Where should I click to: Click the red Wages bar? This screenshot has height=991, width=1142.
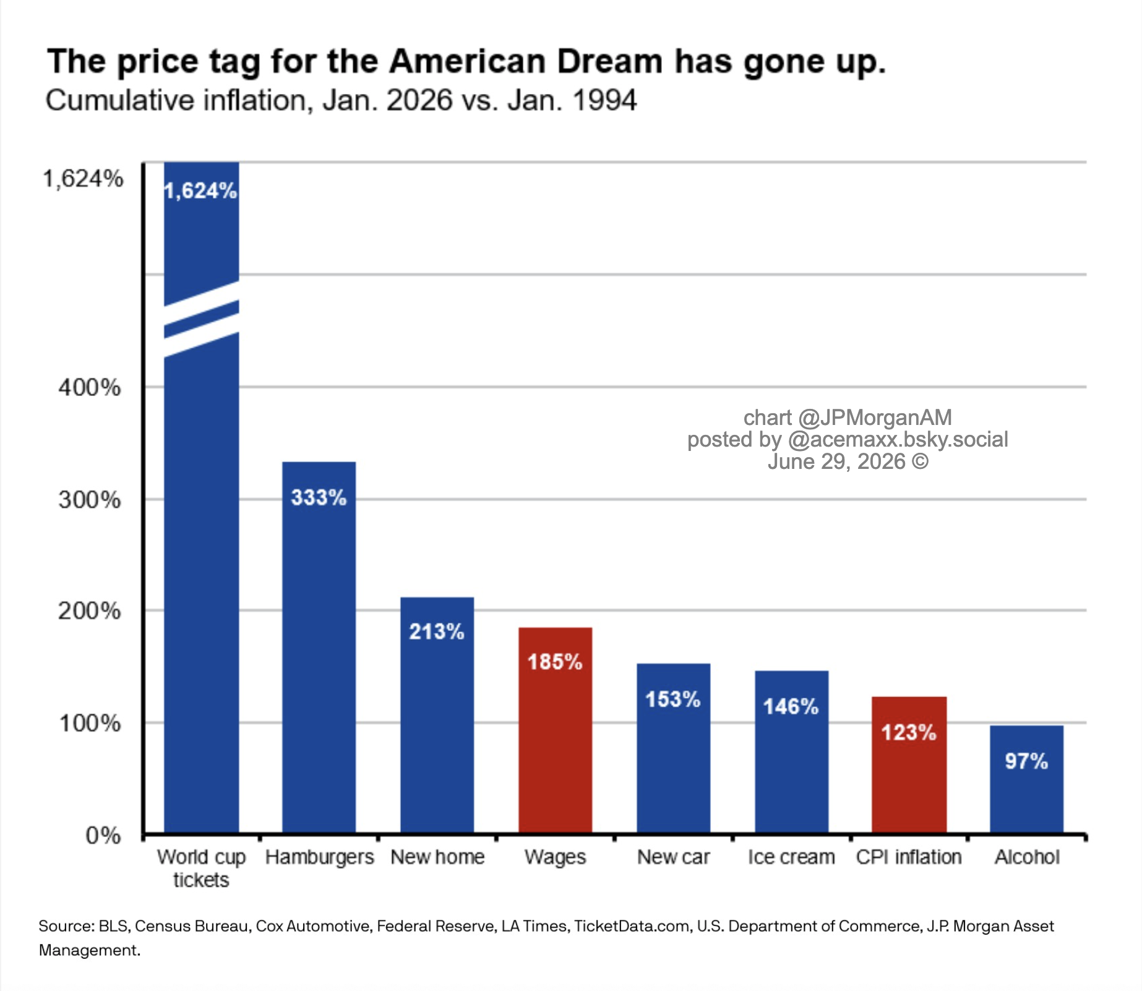pyautogui.click(x=555, y=731)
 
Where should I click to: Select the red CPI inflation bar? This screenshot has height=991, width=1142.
pyautogui.click(x=909, y=765)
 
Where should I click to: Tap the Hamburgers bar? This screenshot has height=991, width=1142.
pyautogui.click(x=319, y=648)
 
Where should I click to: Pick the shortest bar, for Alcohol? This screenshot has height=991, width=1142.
pyautogui.click(x=1026, y=779)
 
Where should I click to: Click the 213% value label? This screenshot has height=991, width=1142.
pyautogui.click(x=436, y=632)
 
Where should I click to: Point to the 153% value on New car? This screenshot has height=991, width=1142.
pyautogui.click(x=673, y=700)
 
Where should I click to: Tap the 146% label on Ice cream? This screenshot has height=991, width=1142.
pyautogui.click(x=791, y=706)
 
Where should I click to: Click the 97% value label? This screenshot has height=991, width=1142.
pyautogui.click(x=1026, y=761)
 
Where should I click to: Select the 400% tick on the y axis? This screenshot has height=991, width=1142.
pyautogui.click(x=90, y=388)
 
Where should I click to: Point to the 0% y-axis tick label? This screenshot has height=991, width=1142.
pyautogui.click(x=103, y=836)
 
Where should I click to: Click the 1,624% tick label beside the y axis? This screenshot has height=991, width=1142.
pyautogui.click(x=83, y=179)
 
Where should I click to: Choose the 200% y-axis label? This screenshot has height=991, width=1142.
pyautogui.click(x=90, y=611)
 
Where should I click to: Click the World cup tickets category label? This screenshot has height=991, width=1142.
pyautogui.click(x=201, y=868)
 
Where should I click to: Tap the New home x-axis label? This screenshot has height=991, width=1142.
pyautogui.click(x=437, y=857)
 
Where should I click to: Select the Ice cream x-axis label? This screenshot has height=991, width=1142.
pyautogui.click(x=791, y=857)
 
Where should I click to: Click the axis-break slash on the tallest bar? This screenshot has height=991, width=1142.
pyautogui.click(x=202, y=319)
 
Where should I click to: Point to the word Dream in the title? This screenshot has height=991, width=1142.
pyautogui.click(x=609, y=61)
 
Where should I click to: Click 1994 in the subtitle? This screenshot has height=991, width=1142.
pyautogui.click(x=604, y=100)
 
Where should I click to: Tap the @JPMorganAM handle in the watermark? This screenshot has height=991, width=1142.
pyautogui.click(x=875, y=418)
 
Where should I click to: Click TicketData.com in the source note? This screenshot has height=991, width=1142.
pyautogui.click(x=632, y=926)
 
